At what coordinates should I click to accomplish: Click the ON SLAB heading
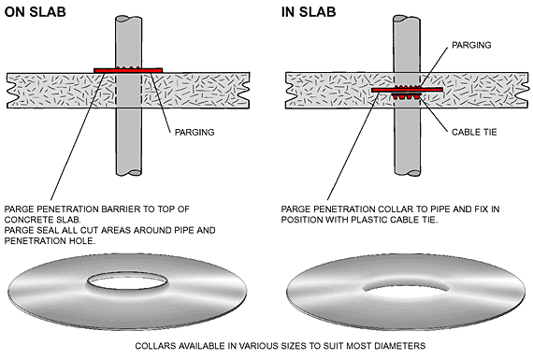click(35, 12)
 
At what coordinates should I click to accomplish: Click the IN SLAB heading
click(309, 12)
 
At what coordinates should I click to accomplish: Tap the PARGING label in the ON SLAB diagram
click(194, 132)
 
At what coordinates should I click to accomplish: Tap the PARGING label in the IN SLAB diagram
click(471, 45)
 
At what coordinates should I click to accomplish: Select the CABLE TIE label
click(474, 132)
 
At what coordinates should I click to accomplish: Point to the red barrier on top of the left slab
click(128, 70)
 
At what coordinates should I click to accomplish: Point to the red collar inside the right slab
click(407, 90)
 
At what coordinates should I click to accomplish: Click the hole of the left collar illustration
click(127, 281)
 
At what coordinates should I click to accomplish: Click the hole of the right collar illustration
click(406, 288)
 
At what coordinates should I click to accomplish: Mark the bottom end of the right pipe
click(407, 172)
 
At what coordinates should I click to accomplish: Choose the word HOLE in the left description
click(83, 241)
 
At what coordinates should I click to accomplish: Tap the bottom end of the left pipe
click(129, 172)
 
